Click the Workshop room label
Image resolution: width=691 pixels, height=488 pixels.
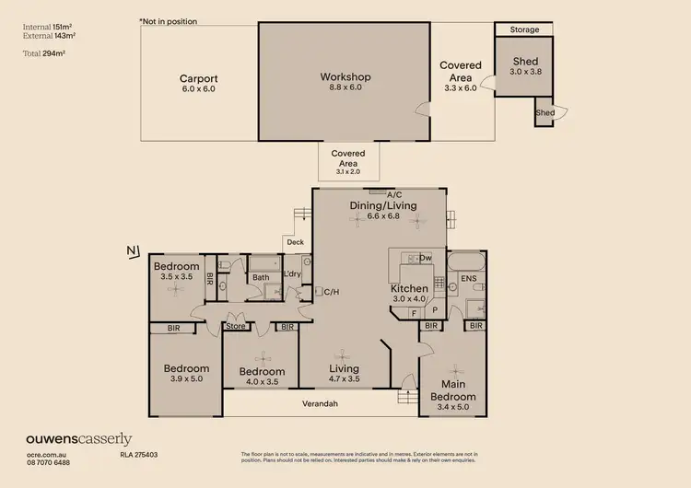click(x=345, y=76)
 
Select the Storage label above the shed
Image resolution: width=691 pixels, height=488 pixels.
click(x=524, y=30)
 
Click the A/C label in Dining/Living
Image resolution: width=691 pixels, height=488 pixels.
click(x=394, y=194)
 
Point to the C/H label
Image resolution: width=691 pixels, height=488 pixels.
click(x=332, y=292)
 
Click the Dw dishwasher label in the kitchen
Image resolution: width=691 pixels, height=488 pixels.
click(x=426, y=259)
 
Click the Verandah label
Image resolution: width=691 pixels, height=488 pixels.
click(x=322, y=403)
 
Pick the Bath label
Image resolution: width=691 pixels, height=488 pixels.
click(x=261, y=276)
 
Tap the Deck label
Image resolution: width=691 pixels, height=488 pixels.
click(x=295, y=243)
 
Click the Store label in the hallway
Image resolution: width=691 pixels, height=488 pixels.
click(x=237, y=325)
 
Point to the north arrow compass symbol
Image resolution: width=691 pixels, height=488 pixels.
click(x=135, y=250)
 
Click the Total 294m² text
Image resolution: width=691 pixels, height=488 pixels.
click(x=42, y=54)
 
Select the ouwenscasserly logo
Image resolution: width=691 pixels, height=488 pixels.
click(x=78, y=439)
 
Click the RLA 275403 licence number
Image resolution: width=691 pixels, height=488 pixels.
click(x=139, y=455)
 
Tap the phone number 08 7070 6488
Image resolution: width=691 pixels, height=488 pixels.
click(x=47, y=463)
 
